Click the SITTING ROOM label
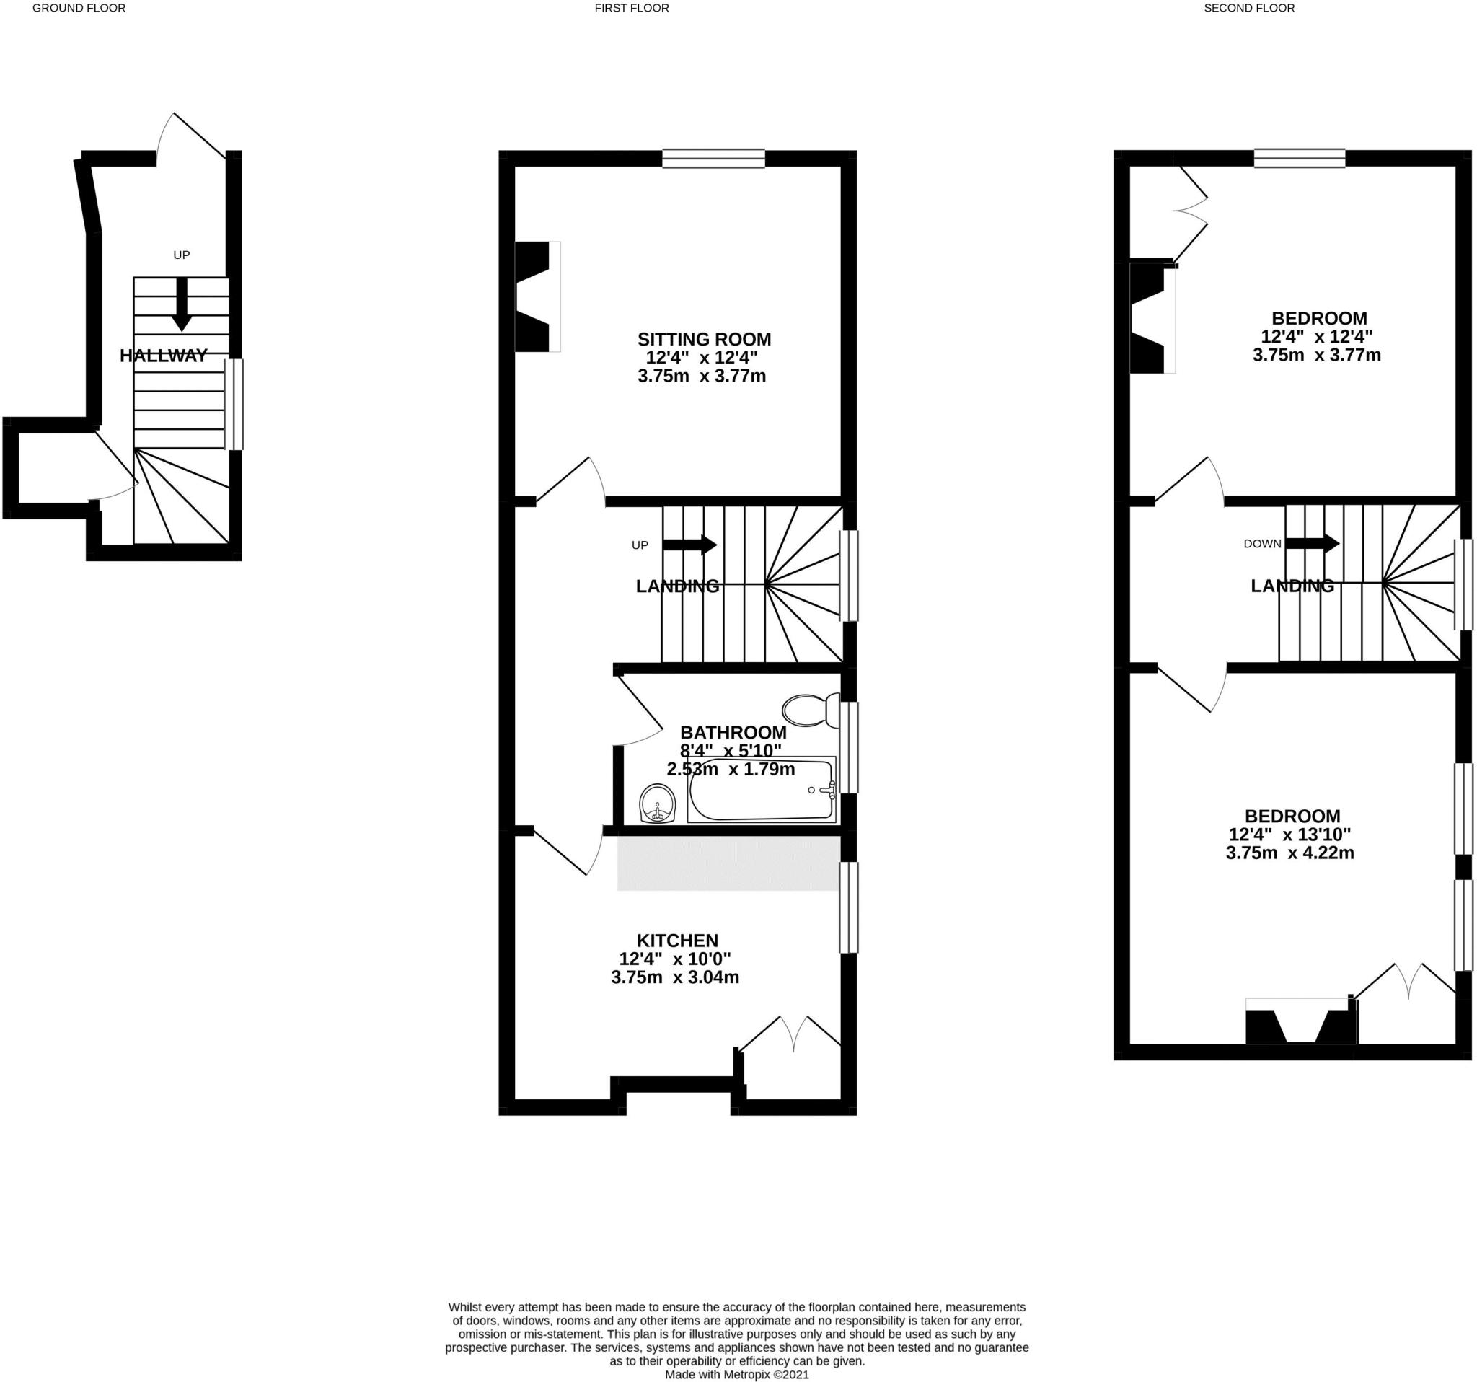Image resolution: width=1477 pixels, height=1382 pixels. pyautogui.click(x=704, y=340)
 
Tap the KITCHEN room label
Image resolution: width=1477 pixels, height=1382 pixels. pyautogui.click(x=676, y=940)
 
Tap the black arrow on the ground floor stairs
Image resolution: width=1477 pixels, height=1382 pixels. pyautogui.click(x=181, y=304)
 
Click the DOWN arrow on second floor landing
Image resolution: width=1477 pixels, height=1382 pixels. pyautogui.click(x=1312, y=543)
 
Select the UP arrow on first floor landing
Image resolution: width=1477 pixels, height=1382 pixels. pyautogui.click(x=689, y=545)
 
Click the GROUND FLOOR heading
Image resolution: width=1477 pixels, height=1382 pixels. pyautogui.click(x=79, y=8)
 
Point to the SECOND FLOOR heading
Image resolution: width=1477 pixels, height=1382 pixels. pyautogui.click(x=1249, y=8)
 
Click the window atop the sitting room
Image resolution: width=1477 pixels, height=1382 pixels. pyautogui.click(x=713, y=158)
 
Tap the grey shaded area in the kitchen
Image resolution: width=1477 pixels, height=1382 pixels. pyautogui.click(x=728, y=863)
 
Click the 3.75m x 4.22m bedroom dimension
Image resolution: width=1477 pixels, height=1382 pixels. pyautogui.click(x=1289, y=853)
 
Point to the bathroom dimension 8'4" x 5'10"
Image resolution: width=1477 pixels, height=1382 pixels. pyautogui.click(x=731, y=750)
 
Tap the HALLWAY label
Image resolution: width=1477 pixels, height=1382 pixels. pyautogui.click(x=164, y=356)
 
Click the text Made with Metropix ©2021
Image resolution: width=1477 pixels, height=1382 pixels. pyautogui.click(x=736, y=1376)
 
